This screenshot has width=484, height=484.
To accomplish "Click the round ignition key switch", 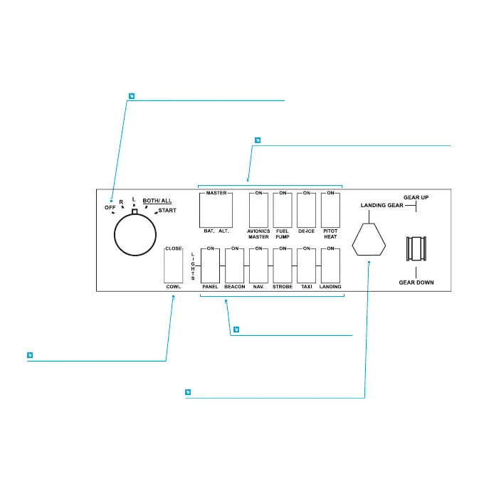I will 135,234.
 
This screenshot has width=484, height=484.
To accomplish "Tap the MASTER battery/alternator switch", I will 216,209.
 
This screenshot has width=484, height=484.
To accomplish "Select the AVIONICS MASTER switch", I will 259,209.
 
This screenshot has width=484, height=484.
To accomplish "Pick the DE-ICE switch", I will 307,209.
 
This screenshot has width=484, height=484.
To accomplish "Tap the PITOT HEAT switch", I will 331,209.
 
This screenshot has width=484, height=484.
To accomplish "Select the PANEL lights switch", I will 210,265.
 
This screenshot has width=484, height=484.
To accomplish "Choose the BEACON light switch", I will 234,265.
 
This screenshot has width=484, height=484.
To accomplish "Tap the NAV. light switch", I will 259,265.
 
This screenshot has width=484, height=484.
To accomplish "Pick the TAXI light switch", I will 307,265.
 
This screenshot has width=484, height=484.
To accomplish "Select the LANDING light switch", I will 331,265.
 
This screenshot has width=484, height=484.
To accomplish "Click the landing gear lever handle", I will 416,249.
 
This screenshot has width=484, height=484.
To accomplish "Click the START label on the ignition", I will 168,211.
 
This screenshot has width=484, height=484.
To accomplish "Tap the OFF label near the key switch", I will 110,208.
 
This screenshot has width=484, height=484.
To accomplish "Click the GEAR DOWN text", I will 416,283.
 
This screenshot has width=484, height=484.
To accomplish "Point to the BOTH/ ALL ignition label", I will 157,201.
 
